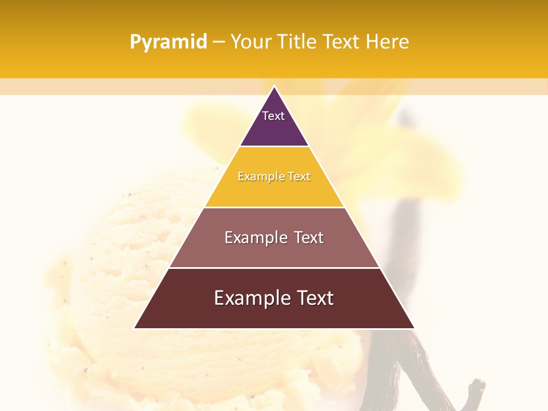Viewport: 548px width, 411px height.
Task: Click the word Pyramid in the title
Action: [x=168, y=42]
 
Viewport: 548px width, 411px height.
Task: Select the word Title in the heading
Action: [x=297, y=42]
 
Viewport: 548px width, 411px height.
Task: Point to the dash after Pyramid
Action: [x=218, y=42]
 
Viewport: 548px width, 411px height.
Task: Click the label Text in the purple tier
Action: [x=273, y=116]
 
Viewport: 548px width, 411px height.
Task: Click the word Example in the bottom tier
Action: [x=249, y=298]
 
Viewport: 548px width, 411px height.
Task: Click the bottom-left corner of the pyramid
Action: [x=135, y=328]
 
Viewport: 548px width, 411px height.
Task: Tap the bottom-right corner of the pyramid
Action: [x=413, y=328]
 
